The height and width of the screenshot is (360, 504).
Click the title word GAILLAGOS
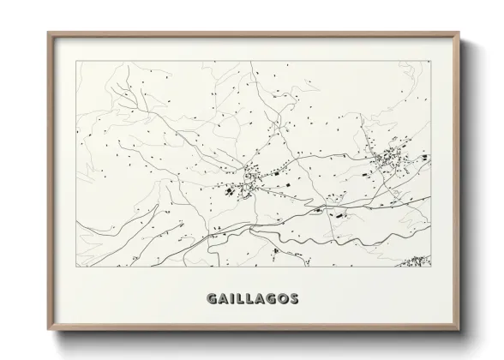[252, 299]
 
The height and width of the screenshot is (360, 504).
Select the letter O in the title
[283, 299]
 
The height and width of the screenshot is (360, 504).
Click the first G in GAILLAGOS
[211, 299]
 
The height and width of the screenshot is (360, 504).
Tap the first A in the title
[223, 299]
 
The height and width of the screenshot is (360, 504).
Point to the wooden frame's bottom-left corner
[48, 327]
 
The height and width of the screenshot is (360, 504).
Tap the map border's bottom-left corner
[76, 267]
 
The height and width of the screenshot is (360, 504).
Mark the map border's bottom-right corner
[431, 267]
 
